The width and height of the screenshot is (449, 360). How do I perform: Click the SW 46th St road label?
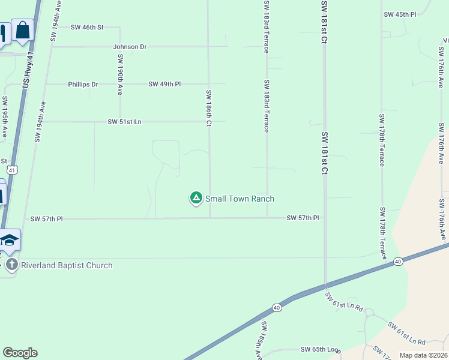[x=88, y=27]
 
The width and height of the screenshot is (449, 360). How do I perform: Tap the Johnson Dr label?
[x=130, y=46]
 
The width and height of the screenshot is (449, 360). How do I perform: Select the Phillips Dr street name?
[x=83, y=85]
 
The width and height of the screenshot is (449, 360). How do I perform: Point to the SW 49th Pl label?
[x=164, y=85]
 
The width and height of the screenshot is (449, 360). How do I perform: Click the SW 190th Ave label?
[x=121, y=74]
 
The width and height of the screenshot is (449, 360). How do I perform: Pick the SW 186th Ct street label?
[x=209, y=108]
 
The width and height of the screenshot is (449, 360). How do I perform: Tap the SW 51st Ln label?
[x=124, y=122]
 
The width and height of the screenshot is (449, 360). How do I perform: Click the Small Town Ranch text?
[x=240, y=199]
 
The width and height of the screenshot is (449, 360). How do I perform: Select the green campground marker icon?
[x=196, y=197]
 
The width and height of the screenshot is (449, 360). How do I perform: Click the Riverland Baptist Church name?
[x=67, y=265]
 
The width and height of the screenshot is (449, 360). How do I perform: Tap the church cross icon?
[x=11, y=265]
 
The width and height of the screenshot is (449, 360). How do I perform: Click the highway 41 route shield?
[x=12, y=170]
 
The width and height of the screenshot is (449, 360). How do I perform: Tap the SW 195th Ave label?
[x=5, y=116]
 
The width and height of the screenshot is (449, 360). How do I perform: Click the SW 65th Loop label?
[x=320, y=349]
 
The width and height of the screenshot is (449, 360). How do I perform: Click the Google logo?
[x=20, y=353]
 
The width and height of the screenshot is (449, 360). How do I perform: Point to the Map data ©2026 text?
[x=424, y=355]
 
